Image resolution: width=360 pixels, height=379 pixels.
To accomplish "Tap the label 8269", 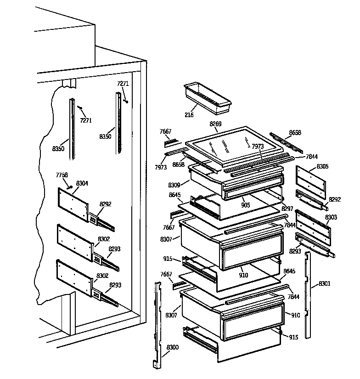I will click(215, 124).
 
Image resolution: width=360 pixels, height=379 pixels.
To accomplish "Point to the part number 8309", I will click(174, 185).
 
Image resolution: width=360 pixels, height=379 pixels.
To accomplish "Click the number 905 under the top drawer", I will click(245, 205).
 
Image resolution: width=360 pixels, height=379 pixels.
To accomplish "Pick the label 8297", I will click(287, 209).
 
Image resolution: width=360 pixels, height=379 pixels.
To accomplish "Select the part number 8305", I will click(322, 166).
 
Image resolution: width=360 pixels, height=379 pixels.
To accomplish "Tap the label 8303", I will click(331, 217).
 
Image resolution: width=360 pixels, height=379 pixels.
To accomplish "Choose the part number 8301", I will click(324, 283).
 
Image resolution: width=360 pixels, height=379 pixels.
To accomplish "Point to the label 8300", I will click(173, 347).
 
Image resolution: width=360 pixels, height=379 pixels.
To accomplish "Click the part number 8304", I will click(82, 183).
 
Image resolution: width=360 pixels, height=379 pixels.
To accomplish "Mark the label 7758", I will click(62, 175).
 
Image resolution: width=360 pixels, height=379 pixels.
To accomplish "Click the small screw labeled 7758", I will click(68, 187).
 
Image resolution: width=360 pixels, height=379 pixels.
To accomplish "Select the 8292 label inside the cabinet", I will click(106, 204).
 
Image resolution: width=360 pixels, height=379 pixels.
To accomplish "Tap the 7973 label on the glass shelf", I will click(258, 146).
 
